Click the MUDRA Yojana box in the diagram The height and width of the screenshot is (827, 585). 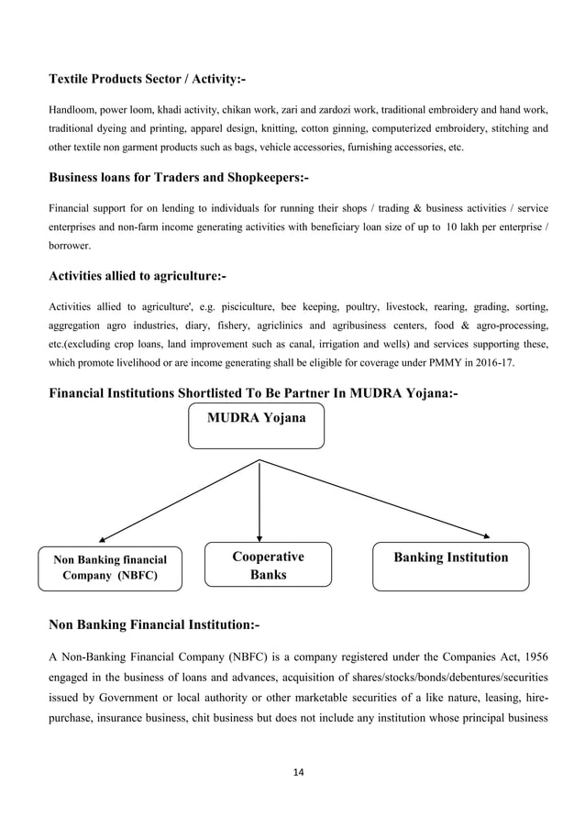(256, 426)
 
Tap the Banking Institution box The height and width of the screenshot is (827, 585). (450, 566)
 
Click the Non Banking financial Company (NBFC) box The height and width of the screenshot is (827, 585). (109, 568)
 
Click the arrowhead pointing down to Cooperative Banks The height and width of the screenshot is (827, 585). (260, 537)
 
